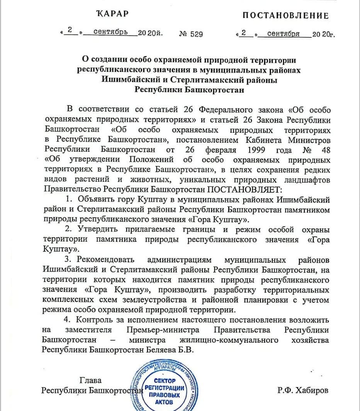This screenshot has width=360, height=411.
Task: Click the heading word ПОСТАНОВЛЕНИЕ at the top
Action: click(285, 15)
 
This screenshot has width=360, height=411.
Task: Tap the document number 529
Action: click(197, 34)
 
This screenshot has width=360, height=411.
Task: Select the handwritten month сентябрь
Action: click(110, 32)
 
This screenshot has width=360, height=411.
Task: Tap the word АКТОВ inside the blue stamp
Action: click(164, 403)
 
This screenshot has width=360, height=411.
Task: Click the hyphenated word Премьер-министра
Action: click(163, 330)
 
